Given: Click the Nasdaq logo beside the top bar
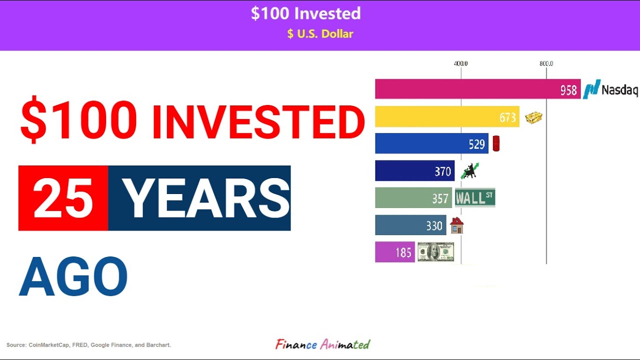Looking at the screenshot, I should [610, 89].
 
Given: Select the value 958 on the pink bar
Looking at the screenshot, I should [568, 90].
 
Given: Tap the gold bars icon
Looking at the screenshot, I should [533, 117].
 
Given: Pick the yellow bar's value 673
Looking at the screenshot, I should [507, 117].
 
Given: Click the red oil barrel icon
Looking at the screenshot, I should [496, 144].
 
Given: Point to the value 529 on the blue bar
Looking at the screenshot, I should [476, 144].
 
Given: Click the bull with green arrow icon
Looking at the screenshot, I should [469, 171].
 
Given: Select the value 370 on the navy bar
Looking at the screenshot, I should [442, 171].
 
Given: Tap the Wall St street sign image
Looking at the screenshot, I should [474, 198].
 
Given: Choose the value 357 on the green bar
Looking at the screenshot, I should [440, 198].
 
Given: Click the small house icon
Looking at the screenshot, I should [456, 225].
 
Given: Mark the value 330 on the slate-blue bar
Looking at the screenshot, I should [434, 226].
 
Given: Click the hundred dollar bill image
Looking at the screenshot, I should [435, 252].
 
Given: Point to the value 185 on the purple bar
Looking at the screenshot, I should [403, 252].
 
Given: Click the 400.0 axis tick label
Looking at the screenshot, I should [460, 63].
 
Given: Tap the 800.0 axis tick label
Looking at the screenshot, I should [546, 63].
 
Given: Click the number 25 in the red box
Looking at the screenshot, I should [63, 198].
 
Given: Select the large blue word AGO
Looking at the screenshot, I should [73, 277].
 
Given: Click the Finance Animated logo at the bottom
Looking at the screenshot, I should [322, 344].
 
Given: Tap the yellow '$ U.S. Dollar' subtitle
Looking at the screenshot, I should [320, 34].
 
